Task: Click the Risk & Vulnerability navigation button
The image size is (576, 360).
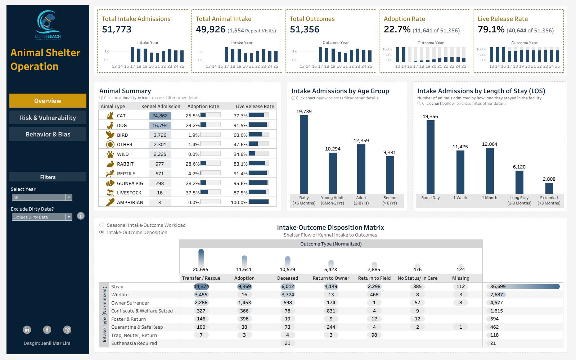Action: (x=48, y=118)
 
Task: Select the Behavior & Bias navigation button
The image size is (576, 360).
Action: (x=48, y=134)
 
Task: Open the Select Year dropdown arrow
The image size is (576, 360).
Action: (x=69, y=197)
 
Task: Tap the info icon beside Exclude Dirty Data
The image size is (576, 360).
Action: (x=81, y=216)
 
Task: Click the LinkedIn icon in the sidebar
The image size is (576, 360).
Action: (x=27, y=329)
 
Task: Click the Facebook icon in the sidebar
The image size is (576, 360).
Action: (x=47, y=329)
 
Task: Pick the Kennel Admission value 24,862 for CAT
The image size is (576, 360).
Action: (x=160, y=116)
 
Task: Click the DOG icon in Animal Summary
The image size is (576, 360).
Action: (x=110, y=125)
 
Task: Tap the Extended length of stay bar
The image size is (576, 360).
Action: (x=549, y=188)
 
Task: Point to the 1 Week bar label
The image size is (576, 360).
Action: (x=460, y=198)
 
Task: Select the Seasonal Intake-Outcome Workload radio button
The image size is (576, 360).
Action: (x=102, y=225)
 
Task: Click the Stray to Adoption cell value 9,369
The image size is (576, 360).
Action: (x=244, y=287)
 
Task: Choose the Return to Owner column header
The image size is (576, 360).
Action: (x=331, y=278)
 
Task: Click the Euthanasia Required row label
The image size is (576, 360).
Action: (x=134, y=343)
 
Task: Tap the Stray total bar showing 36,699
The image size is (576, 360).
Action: (x=524, y=287)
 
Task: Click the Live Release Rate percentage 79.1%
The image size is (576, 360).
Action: (x=491, y=30)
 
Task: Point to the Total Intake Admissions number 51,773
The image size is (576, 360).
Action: (x=117, y=30)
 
